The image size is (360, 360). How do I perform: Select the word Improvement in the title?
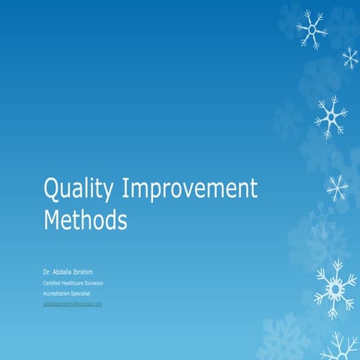pos(189,190)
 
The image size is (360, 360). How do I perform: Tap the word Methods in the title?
pos(85,220)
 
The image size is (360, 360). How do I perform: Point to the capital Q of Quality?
pos(51,188)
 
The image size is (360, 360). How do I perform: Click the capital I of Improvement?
pos(125,188)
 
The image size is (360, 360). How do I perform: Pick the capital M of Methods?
pos(52,220)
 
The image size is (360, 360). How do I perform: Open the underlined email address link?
pos(73,304)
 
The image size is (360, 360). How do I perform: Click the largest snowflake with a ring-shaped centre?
pos(334,288)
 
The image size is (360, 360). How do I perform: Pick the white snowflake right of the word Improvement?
pos(337,187)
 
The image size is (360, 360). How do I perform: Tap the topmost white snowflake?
pos(310,29)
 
